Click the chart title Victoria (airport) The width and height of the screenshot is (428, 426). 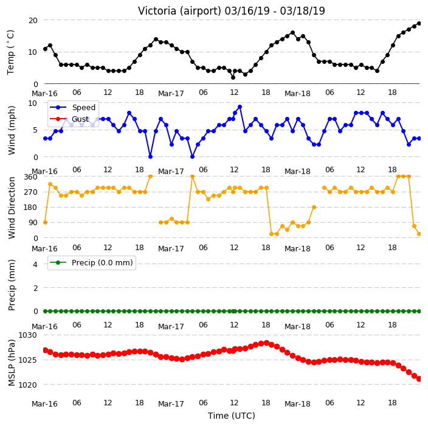tap(180, 11)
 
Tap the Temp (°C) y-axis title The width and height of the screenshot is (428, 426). tap(10, 52)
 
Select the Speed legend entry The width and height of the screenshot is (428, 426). tap(72, 107)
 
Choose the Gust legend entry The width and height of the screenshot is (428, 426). tap(69, 119)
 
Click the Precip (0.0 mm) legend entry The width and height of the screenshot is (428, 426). tap(91, 262)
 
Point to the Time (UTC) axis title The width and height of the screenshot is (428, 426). tap(232, 416)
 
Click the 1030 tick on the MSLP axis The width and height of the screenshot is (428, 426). tap(27, 335)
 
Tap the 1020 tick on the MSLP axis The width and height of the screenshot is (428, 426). tap(27, 385)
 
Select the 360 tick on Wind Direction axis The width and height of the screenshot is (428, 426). tap(30, 177)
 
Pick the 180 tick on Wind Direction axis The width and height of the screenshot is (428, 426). tap(30, 208)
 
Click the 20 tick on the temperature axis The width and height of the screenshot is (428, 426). tap(33, 21)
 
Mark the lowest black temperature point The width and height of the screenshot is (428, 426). tap(233, 78)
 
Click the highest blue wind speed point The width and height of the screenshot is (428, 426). tap(240, 107)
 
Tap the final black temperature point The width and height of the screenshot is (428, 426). tap(419, 24)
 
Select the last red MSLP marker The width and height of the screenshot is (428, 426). tap(419, 379)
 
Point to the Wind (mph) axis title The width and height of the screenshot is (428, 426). tap(12, 130)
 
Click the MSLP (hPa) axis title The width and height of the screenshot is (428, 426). tap(12, 362)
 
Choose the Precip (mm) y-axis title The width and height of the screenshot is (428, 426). tap(12, 285)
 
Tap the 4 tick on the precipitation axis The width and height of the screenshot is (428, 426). tap(35, 264)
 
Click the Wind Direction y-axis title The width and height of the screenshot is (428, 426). tap(12, 208)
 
